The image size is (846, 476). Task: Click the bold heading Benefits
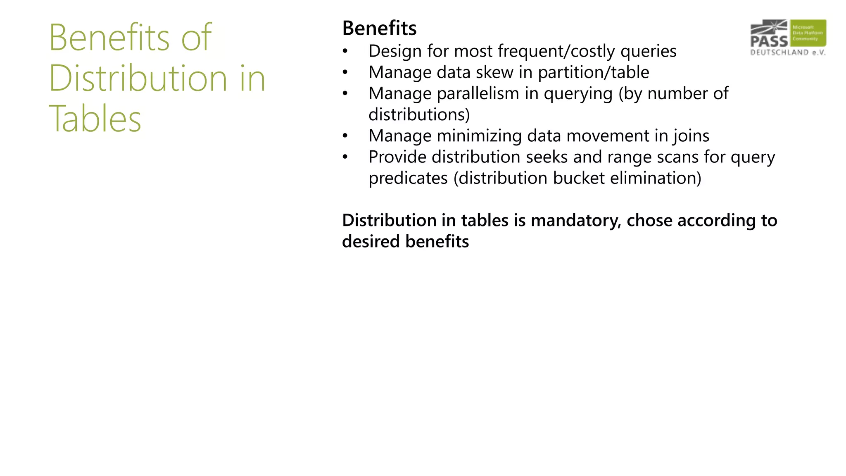coord(379,29)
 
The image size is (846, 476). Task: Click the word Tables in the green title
coord(95,119)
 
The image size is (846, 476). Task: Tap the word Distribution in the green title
coord(138,78)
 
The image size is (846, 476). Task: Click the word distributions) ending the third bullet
coord(419,114)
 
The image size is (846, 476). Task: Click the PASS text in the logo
coord(769,41)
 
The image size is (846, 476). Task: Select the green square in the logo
coord(808,33)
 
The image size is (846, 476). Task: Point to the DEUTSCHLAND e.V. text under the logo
coord(787,52)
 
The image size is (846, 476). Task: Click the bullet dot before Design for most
coord(345,52)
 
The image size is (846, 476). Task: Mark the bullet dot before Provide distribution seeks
coord(345,157)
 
